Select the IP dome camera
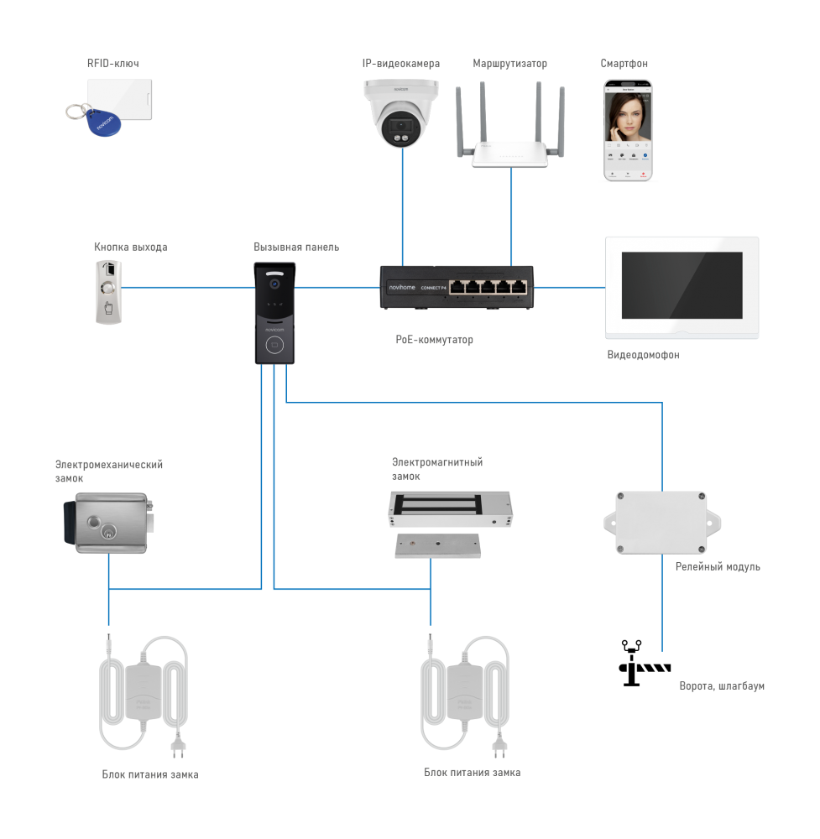pos(401,112)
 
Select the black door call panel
pos(275,312)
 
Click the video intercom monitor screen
pos(682,286)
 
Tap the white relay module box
pos(661,522)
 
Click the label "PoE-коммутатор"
pos(435,341)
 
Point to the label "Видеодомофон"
pos(643,355)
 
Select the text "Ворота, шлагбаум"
pos(722,686)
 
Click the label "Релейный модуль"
pos(718,567)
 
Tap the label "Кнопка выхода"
pos(130,248)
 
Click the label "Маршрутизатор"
pos(510,64)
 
